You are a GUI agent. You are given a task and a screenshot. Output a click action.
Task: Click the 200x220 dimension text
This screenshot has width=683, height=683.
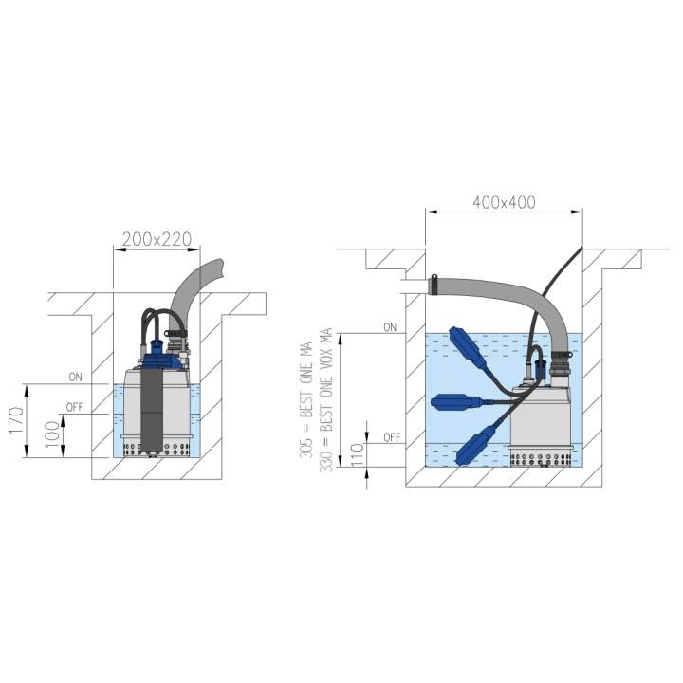click(x=157, y=239)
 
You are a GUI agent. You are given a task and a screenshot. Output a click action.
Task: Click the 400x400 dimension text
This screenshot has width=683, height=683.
click(x=504, y=202)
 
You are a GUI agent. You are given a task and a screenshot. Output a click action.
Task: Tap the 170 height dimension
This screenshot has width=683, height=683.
click(x=16, y=420)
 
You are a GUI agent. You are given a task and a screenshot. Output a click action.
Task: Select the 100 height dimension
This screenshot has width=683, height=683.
click(x=52, y=432)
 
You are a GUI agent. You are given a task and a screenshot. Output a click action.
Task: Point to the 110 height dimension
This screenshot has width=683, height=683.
click(x=358, y=454)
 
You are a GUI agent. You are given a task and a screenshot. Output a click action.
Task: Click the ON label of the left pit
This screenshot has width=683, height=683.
click(x=75, y=377)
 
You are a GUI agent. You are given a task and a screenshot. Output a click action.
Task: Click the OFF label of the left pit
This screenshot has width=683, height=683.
click(x=75, y=407)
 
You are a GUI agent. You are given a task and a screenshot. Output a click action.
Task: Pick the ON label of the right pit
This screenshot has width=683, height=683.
click(x=390, y=327)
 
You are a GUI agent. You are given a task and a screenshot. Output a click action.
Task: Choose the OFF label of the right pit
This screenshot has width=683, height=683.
click(x=392, y=437)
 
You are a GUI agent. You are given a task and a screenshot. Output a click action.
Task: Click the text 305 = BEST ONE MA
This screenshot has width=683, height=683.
click(x=306, y=400)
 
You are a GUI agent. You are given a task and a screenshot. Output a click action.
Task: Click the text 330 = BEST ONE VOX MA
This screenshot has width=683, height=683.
click(x=325, y=400)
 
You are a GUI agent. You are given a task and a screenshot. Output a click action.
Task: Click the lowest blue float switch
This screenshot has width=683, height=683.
click(x=475, y=444)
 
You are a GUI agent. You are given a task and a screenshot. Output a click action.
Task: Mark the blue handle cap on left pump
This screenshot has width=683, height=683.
click(x=156, y=346)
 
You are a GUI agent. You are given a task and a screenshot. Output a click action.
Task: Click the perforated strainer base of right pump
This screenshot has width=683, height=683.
click(x=540, y=459)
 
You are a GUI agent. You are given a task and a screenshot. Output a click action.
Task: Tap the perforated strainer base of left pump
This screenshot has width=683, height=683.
click(x=157, y=449)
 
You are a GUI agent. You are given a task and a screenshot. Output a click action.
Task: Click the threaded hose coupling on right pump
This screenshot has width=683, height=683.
click(x=561, y=365)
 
